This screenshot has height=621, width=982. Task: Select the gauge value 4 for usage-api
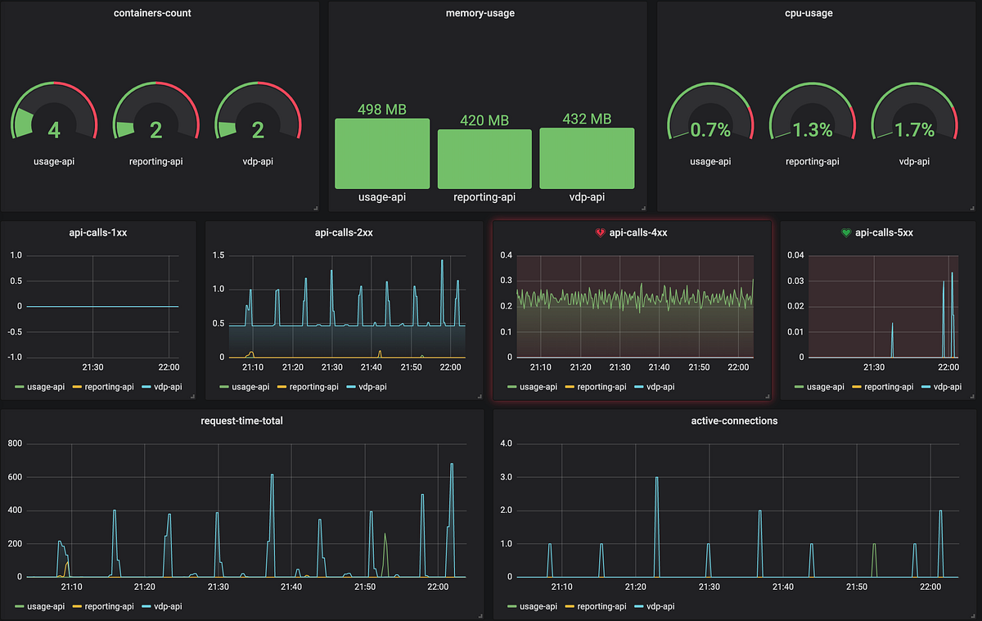pos(54,130)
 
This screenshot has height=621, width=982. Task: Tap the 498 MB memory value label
pos(382,110)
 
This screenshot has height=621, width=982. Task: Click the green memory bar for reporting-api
pos(484,159)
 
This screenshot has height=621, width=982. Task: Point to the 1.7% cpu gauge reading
pos(914,130)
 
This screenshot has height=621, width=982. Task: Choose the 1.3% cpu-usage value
pos(812,130)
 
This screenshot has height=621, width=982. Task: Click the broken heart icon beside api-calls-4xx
pos(600,232)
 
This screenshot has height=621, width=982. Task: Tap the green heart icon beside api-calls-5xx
pos(846,232)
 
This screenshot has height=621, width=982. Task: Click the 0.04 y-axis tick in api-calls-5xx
pos(795,255)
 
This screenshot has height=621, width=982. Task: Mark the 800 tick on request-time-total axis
pos(15,443)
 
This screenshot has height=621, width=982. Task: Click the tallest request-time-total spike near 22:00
pos(452,465)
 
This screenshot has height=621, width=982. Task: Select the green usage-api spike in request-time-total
pos(385,535)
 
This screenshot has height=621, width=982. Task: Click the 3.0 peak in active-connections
pos(656,478)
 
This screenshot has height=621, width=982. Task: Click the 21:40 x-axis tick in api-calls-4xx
pos(660,367)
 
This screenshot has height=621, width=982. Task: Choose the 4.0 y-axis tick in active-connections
pos(505,443)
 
